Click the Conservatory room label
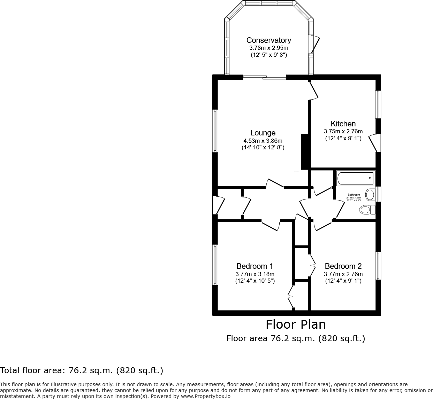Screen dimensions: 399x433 [268, 40]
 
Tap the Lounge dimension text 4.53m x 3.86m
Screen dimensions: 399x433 [263, 141]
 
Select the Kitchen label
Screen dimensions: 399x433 [343, 124]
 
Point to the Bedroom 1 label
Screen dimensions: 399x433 [255, 266]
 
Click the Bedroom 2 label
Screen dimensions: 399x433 [343, 266]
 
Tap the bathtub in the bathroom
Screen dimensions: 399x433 [355, 178]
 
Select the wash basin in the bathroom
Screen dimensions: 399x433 [370, 194]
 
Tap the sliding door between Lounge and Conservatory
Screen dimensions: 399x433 [264, 77]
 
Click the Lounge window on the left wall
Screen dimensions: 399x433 [215, 131]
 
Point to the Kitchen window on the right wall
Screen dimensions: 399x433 [378, 104]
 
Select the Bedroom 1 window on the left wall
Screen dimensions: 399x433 [215, 265]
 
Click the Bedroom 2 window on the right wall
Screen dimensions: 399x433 [378, 266]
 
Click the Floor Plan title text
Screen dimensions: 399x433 [296, 324]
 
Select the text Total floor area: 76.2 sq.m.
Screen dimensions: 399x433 [82, 370]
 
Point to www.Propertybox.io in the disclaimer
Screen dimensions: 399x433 [205, 396]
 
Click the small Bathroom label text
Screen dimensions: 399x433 [354, 195]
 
